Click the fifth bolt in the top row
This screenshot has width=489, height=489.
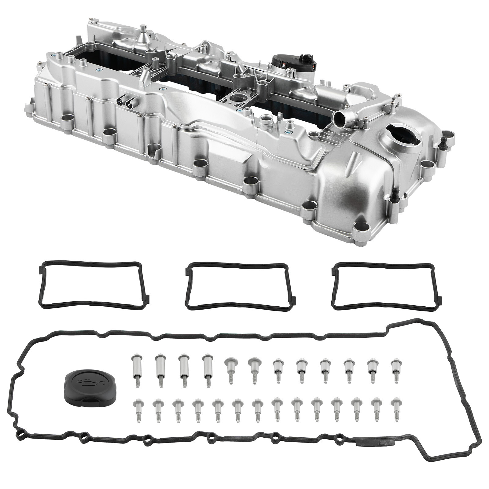[230, 371]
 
